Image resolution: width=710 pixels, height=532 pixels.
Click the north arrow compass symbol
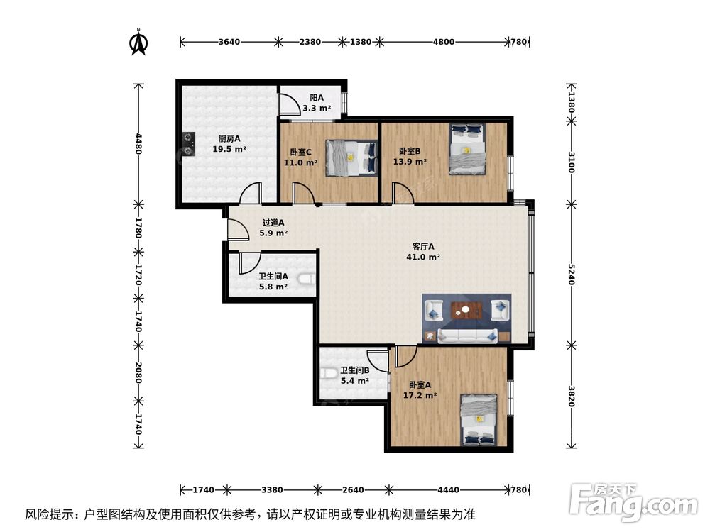click(138, 43)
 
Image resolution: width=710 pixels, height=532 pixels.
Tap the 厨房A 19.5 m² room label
click(229, 144)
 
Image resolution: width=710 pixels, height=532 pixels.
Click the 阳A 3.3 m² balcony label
click(317, 103)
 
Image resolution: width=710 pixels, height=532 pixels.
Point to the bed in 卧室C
click(351, 157)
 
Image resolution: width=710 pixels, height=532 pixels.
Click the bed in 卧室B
click(466, 150)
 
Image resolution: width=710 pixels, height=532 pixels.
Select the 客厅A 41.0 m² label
click(422, 252)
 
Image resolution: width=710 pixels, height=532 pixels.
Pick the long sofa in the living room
click(467, 334)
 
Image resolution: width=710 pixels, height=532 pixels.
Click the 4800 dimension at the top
click(444, 42)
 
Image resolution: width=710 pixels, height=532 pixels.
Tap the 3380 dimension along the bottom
click(272, 489)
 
